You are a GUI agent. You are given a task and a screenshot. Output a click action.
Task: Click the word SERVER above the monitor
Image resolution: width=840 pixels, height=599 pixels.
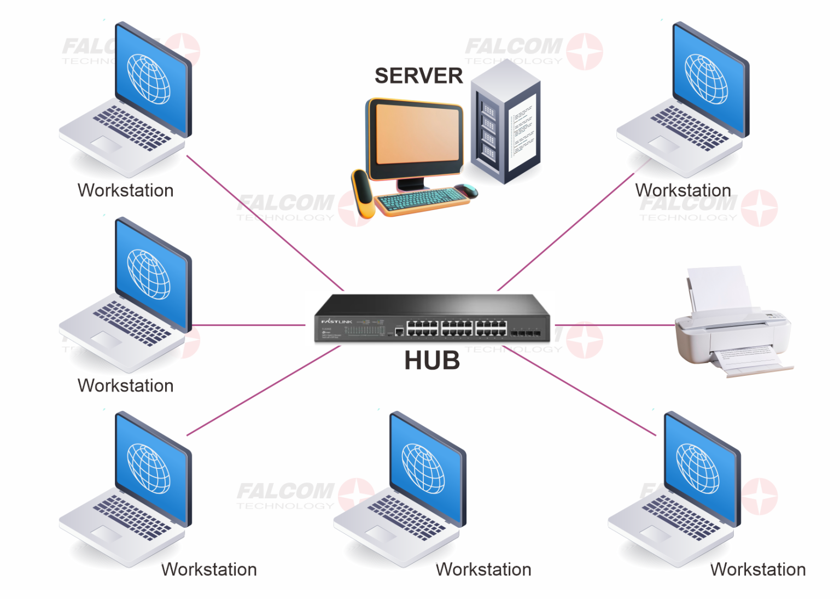(418, 76)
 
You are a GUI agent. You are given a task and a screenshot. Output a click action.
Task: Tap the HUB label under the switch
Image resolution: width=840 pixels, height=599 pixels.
(432, 361)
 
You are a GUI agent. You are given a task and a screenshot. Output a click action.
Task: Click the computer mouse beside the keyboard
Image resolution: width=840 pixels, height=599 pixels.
(466, 190)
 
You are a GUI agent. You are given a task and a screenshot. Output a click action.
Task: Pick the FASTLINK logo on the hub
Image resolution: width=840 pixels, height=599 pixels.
(336, 322)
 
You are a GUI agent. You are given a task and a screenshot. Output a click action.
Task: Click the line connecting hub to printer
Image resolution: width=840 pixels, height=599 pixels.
(612, 325)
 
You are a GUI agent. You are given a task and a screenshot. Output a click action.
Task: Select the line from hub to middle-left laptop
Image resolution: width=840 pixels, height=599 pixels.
(249, 325)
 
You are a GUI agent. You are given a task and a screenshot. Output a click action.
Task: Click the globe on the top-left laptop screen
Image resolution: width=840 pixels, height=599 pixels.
(149, 79)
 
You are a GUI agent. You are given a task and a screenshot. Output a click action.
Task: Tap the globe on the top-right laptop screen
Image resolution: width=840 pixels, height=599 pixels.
(706, 79)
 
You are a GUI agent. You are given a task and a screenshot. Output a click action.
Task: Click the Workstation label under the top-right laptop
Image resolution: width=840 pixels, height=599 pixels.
(683, 190)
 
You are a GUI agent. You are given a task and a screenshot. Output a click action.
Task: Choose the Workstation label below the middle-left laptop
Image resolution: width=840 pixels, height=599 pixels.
(126, 386)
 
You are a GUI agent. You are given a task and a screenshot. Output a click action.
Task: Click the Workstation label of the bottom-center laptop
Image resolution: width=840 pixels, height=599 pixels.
(483, 569)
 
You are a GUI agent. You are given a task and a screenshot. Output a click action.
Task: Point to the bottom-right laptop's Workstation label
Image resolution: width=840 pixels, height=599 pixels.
(758, 569)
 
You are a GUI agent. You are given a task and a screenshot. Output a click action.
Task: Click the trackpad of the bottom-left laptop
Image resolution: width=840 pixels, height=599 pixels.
(106, 533)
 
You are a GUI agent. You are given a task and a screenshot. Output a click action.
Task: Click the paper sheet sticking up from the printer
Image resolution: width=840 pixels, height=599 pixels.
(719, 287)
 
